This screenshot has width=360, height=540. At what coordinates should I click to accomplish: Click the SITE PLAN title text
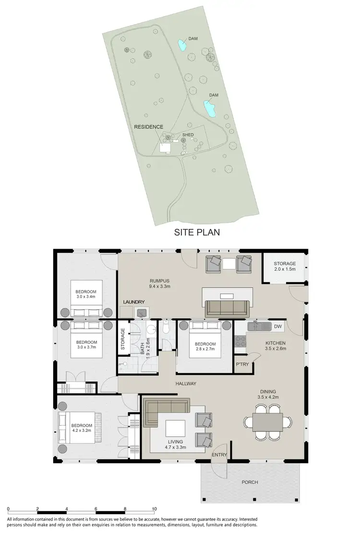pos(196,233)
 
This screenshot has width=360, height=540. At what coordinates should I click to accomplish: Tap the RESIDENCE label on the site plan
pos(149,127)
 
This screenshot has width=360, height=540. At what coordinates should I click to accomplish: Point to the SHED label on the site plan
pos(188,135)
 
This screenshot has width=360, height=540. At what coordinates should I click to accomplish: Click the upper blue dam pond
pos(182,46)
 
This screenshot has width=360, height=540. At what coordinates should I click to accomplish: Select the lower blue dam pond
pos(210,109)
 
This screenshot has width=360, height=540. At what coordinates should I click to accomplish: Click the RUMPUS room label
pos(160,283)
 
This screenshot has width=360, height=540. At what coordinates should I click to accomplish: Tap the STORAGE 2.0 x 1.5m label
pos(285,267)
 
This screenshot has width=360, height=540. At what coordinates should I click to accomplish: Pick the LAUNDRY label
pos(134,301)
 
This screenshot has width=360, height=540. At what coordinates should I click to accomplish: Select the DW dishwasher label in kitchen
pos(277,326)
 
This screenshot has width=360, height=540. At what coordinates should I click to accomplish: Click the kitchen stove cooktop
pos(240,341)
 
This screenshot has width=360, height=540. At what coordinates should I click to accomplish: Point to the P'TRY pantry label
pos(241,365)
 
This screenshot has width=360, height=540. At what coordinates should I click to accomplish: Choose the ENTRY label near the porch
pos(219,455)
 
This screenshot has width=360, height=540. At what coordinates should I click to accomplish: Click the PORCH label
pos(250,482)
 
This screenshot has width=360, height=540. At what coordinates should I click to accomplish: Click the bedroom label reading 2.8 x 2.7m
pos(205,347)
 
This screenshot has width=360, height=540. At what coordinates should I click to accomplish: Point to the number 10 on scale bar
pos(154,508)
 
